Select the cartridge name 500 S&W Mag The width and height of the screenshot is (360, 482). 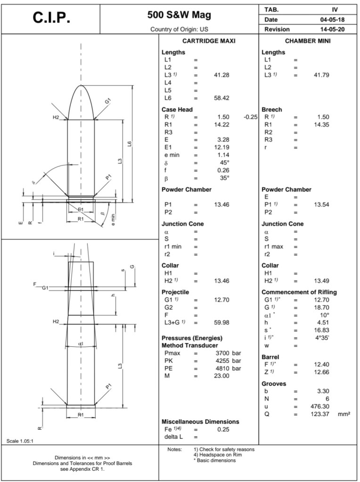pos(180,15)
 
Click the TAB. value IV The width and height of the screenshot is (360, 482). pos(335,9)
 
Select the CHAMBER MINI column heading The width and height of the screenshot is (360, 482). pos(308,41)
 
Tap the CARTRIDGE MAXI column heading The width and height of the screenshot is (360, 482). pos(209,41)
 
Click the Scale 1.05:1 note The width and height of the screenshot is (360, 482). pos(19,441)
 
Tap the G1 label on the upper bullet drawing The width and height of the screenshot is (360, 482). pos(107,101)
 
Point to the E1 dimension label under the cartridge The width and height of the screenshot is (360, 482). pos(81,209)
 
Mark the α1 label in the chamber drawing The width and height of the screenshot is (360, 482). pos(81,344)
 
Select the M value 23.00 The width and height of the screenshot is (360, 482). pos(222,376)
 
